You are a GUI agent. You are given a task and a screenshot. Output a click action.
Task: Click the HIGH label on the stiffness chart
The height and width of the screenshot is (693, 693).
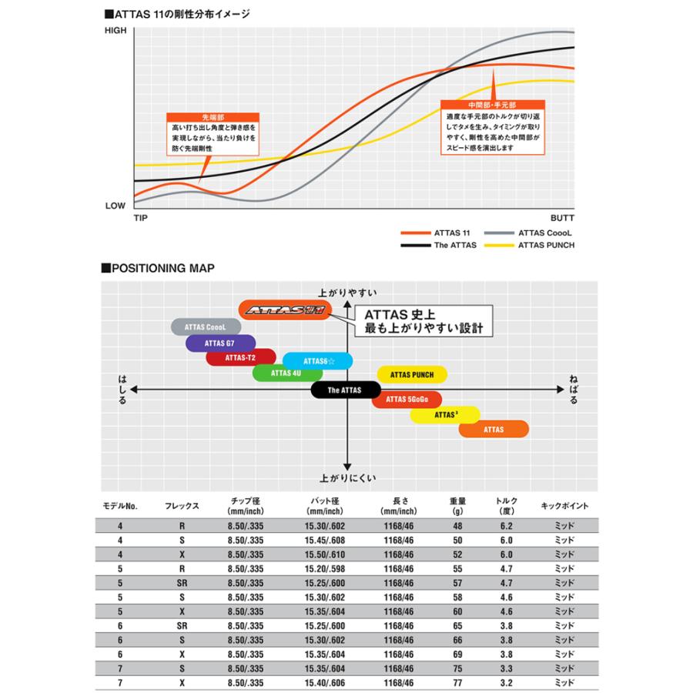pos(115,30)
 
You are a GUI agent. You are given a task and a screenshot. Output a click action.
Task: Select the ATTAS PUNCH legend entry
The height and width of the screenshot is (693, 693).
pos(546,245)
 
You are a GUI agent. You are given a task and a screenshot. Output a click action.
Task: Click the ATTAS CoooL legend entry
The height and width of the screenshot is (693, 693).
pos(545,232)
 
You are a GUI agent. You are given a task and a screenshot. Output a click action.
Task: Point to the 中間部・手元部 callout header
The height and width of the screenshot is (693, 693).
pos(492,103)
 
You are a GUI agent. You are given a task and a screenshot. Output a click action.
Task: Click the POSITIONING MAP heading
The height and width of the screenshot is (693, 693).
pos(157,268)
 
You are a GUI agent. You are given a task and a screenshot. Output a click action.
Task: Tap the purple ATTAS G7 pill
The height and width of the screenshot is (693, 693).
pos(219,343)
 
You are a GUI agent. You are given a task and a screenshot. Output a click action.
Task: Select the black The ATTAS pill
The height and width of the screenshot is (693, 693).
pos(345,390)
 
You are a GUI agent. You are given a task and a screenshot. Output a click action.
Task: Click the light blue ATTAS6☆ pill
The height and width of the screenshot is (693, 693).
pos(317,360)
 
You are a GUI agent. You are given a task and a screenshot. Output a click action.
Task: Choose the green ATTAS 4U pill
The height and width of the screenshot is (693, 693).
pos(286,373)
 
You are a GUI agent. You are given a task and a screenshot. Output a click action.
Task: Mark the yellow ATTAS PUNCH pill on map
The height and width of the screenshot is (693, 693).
pos(412,375)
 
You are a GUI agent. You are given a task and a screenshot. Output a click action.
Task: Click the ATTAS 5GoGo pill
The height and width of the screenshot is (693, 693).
pos(406,399)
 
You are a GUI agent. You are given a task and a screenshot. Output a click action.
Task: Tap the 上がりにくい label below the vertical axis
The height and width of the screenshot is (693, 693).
pos(347,477)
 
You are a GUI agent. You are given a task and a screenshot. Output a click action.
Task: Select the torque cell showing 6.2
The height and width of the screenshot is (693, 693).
pos(507,525)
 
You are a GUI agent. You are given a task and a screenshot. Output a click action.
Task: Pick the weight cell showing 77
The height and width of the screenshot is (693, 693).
pos(458,682)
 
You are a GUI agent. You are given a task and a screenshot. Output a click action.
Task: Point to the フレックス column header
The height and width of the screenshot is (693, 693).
pos(182,506)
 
